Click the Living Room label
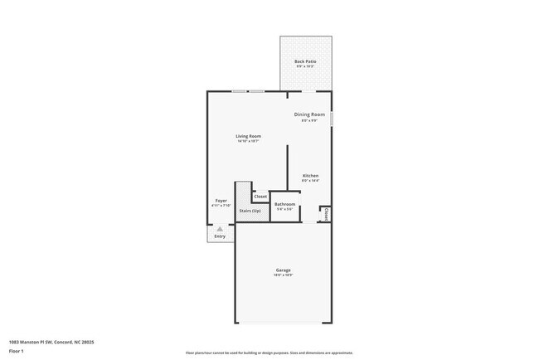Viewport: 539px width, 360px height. pos(248,136)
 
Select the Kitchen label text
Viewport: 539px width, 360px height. pos(310,175)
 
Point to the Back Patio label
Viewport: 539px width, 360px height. pos(305,61)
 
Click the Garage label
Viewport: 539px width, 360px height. pos(284,270)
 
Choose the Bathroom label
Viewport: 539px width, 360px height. pos(284,204)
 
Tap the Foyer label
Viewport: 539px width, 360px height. pos(221,200)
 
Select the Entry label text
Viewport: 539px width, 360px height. pos(220,236)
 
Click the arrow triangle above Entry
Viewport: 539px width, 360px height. pos(220,228)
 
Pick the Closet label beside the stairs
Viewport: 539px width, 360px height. pos(260,197)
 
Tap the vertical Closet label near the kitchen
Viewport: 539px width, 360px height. pos(326,214)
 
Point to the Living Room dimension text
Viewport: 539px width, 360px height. pos(248,142)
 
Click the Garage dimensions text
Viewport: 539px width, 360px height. pos(284,275)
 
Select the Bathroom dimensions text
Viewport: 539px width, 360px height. pos(284,210)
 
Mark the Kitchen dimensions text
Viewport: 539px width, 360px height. pos(310,181)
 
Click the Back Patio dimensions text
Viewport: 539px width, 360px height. pos(305,67)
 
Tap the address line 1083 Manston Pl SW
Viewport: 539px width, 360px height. pos(51,342)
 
